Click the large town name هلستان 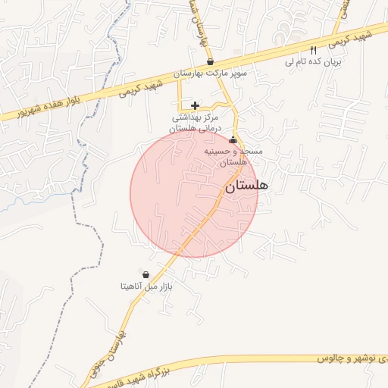(x=247, y=185)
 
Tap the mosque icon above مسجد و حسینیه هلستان (x=233, y=141)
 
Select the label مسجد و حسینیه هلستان (x=234, y=157)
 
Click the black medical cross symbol (x=196, y=105)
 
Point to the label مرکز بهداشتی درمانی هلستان (x=196, y=123)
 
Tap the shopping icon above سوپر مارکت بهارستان (x=210, y=62)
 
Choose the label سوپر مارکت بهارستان (x=212, y=75)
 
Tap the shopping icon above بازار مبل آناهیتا (x=145, y=274)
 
